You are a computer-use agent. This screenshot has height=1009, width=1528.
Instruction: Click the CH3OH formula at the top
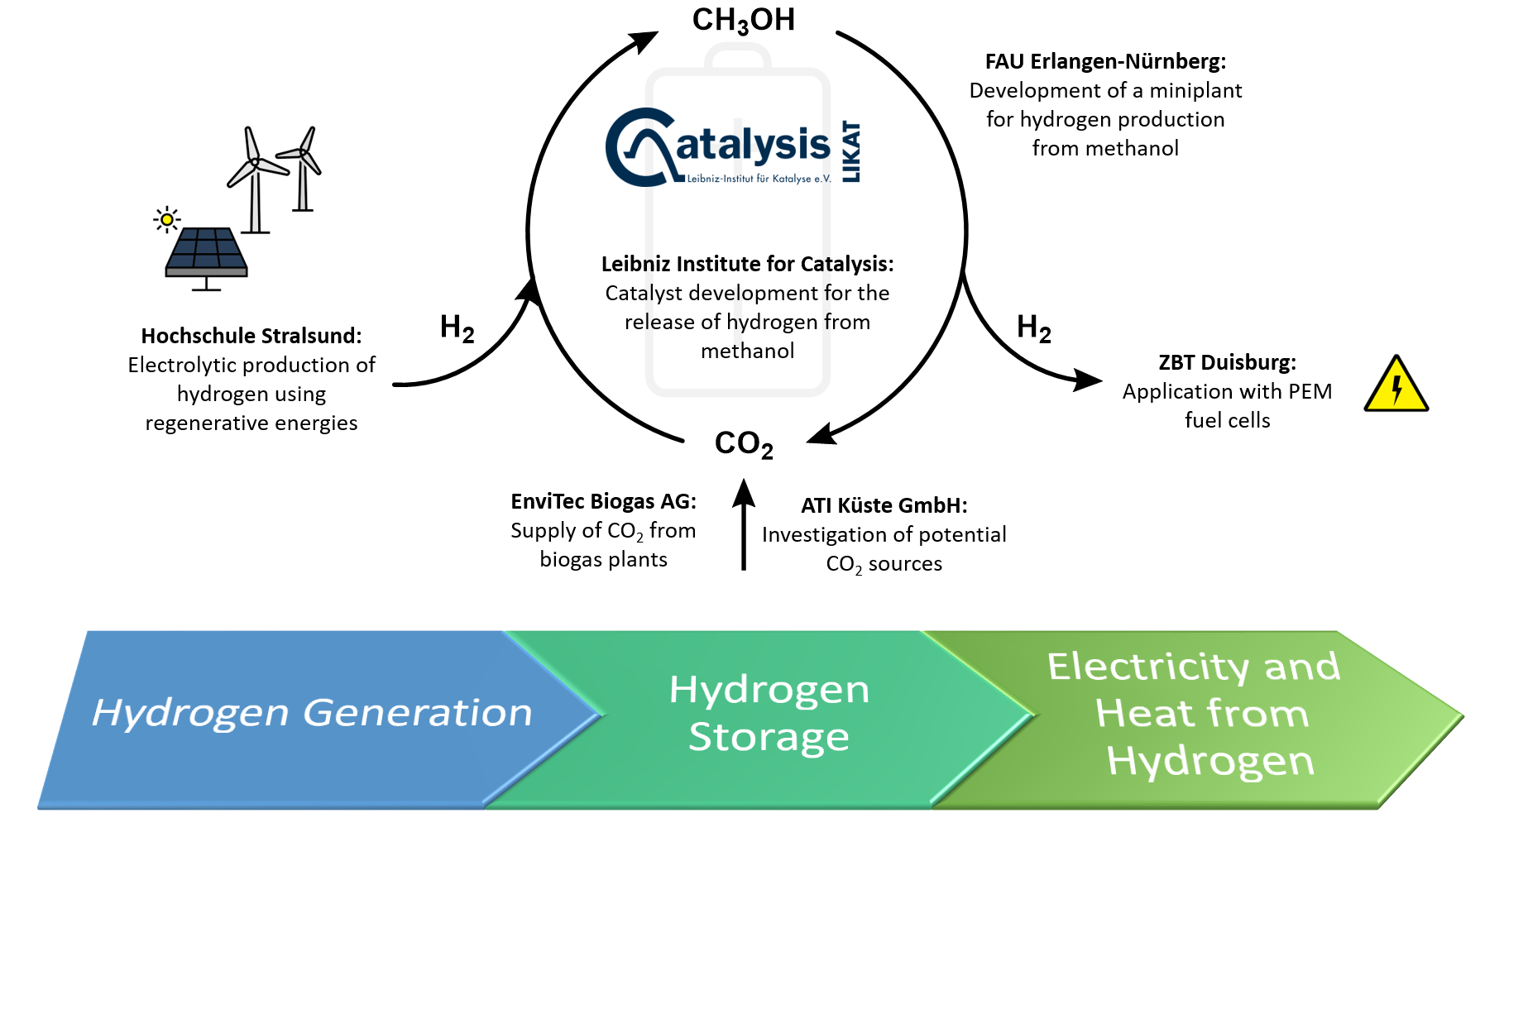coord(743,20)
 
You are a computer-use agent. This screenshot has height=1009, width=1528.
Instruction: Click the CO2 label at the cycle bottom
coord(743,444)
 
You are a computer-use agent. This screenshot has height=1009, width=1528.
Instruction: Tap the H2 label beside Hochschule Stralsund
coord(457,328)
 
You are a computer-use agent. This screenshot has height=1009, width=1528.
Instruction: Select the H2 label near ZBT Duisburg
coord(1033,328)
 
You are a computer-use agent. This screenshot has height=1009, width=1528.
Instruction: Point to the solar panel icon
coord(206,254)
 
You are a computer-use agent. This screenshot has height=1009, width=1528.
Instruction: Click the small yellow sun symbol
coord(167,219)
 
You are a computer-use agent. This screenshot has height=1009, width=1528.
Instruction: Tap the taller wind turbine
coord(255,178)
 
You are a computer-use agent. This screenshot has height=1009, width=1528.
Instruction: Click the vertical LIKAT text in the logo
coord(851,152)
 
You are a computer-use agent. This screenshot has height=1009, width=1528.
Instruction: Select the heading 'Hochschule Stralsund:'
coord(251,336)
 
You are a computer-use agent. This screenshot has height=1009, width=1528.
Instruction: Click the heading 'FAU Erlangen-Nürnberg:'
coord(1105,61)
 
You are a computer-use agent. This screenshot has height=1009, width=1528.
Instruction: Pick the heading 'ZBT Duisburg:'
coord(1227,362)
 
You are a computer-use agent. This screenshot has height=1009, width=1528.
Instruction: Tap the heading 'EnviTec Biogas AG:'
coord(603,501)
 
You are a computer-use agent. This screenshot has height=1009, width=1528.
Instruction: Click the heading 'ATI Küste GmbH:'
coord(884,505)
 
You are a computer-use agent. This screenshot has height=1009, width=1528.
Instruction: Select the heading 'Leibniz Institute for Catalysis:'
coord(747,264)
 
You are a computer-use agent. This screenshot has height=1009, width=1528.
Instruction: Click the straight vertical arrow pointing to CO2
coord(744,529)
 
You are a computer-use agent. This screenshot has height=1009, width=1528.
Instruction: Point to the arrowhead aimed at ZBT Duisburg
coord(1087,380)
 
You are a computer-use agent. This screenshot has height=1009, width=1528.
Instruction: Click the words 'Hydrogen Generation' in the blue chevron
coord(312,712)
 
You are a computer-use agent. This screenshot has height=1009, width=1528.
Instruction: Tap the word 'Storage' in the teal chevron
coord(769,736)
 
